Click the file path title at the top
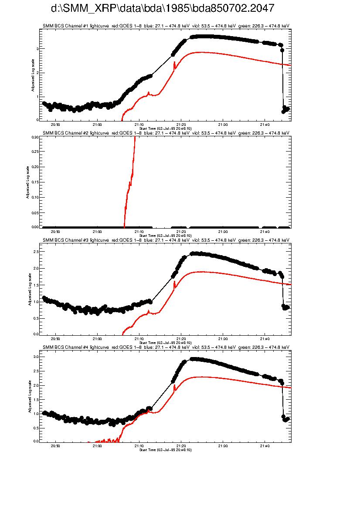point(163,9)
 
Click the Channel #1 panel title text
point(166,26)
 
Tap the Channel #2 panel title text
point(166,133)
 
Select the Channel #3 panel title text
point(166,240)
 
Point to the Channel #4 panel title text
point(166,347)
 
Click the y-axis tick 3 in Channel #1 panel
point(37,49)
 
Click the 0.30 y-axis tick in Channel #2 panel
point(35,137)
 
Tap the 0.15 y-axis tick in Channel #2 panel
point(35,182)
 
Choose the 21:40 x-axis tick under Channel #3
point(265,338)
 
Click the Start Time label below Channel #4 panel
point(165,450)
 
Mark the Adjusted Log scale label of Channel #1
point(33,78)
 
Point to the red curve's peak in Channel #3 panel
point(203,272)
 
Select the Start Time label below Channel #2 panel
point(165,236)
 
